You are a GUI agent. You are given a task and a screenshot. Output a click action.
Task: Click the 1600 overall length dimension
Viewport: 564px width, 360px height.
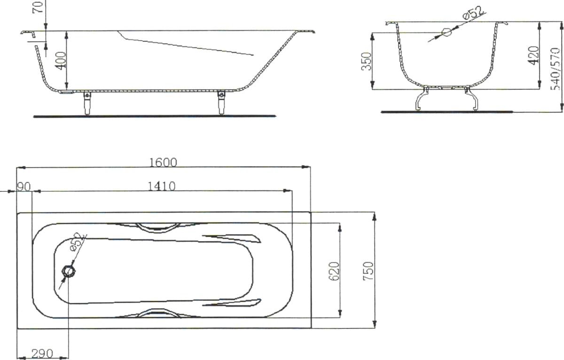pyautogui.click(x=163, y=163)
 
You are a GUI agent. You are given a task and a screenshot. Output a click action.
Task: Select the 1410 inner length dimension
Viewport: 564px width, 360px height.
pyautogui.click(x=161, y=186)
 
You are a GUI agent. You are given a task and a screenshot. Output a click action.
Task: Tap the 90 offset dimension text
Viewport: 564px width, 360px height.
pyautogui.click(x=23, y=187)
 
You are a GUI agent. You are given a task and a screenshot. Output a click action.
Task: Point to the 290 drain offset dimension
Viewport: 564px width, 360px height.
pyautogui.click(x=42, y=354)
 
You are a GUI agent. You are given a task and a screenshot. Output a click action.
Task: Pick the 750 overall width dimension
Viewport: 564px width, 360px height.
pyautogui.click(x=368, y=271)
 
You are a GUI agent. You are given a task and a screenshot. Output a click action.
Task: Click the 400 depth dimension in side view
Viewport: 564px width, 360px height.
pyautogui.click(x=61, y=61)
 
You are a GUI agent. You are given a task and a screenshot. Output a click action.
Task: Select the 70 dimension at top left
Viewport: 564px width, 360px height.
pyautogui.click(x=38, y=7)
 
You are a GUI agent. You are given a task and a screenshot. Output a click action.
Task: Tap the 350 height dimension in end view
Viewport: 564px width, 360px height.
pyautogui.click(x=366, y=61)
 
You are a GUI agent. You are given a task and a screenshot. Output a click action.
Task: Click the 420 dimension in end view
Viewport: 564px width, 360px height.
pyautogui.click(x=533, y=55)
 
